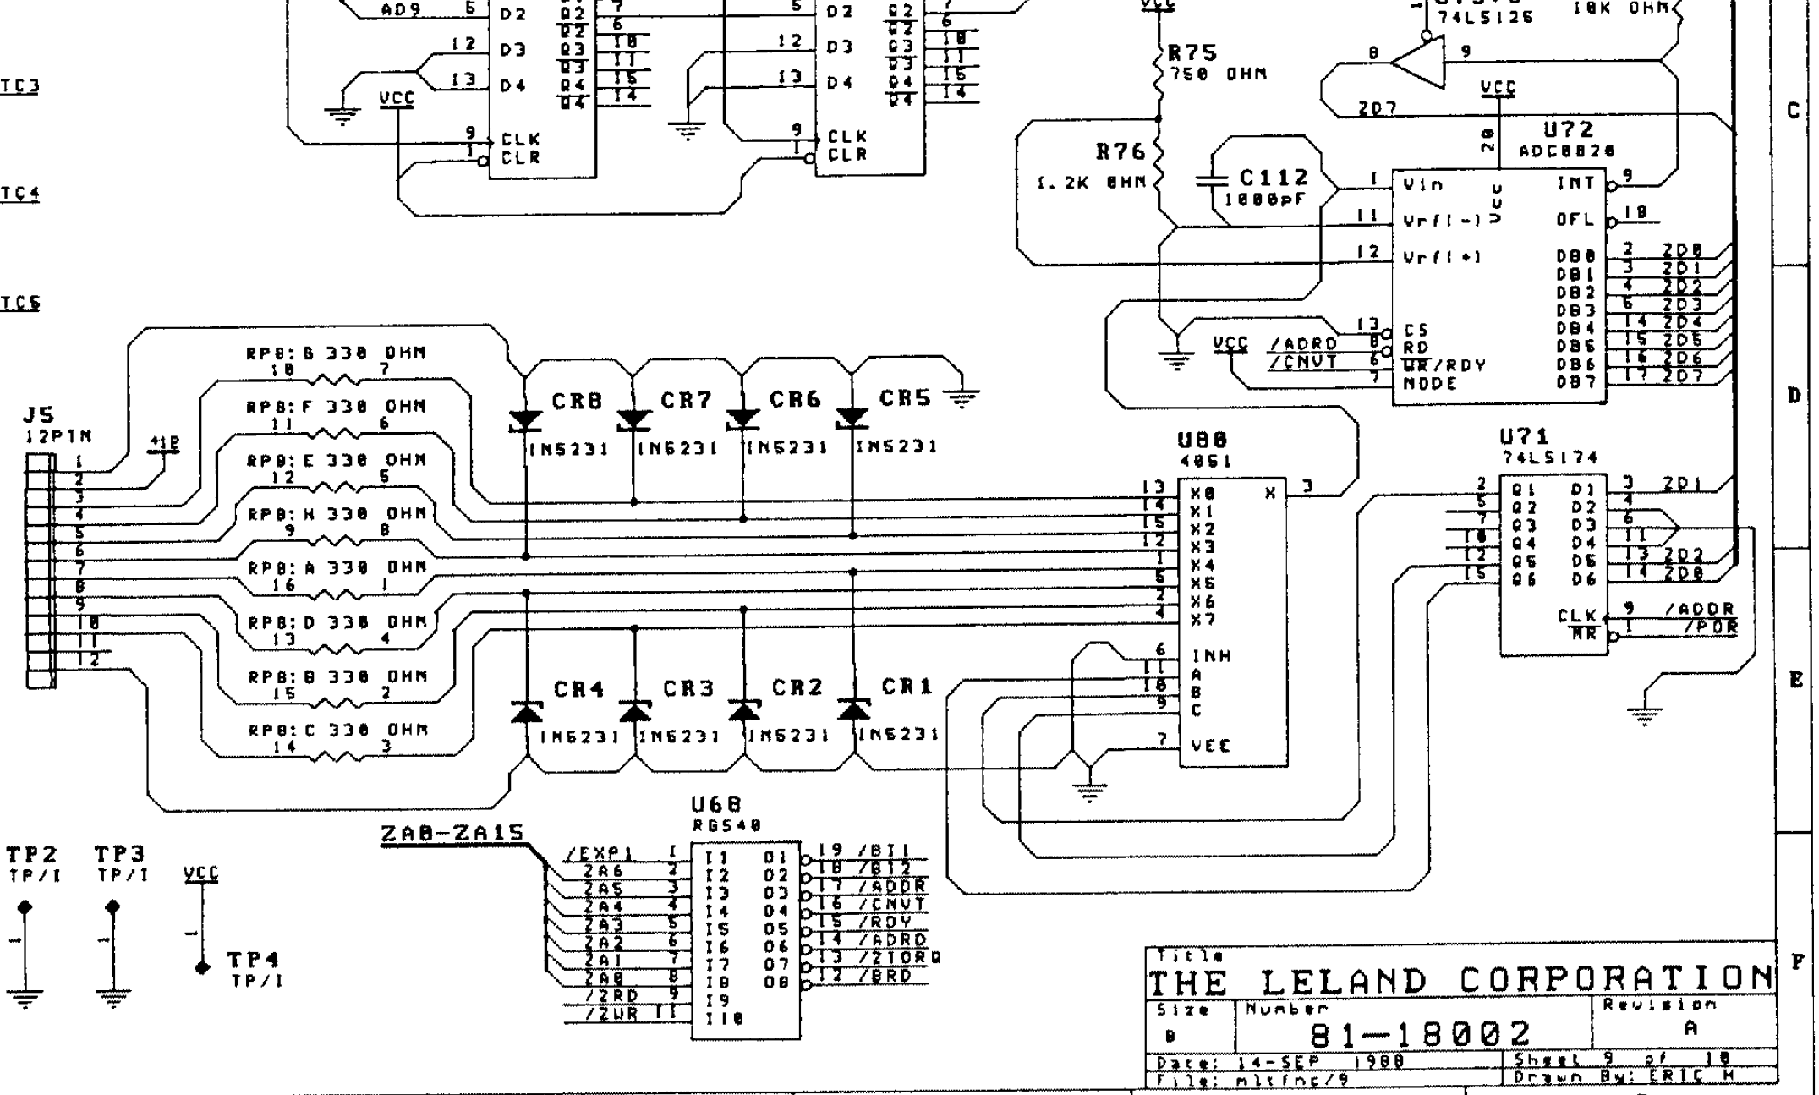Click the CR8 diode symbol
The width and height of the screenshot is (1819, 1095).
(x=525, y=419)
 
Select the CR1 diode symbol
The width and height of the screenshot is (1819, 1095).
(x=853, y=709)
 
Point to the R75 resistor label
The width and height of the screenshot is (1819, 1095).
(x=1192, y=53)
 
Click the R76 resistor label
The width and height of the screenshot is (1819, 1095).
(x=1120, y=152)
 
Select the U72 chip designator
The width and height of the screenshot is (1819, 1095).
(x=1568, y=129)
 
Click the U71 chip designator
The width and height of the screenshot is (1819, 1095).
(x=1526, y=437)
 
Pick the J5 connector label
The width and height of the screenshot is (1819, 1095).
(x=39, y=415)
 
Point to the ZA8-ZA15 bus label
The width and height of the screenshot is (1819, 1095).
(x=452, y=835)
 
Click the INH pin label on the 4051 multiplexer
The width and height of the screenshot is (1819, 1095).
(x=1211, y=655)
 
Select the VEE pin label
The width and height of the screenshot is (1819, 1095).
(x=1211, y=746)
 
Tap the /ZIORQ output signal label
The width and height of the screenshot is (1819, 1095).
(x=899, y=957)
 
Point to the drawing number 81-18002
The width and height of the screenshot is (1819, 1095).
(x=1420, y=1033)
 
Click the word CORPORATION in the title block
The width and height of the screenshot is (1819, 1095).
(x=1615, y=980)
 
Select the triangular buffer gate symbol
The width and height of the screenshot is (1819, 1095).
(x=1418, y=64)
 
